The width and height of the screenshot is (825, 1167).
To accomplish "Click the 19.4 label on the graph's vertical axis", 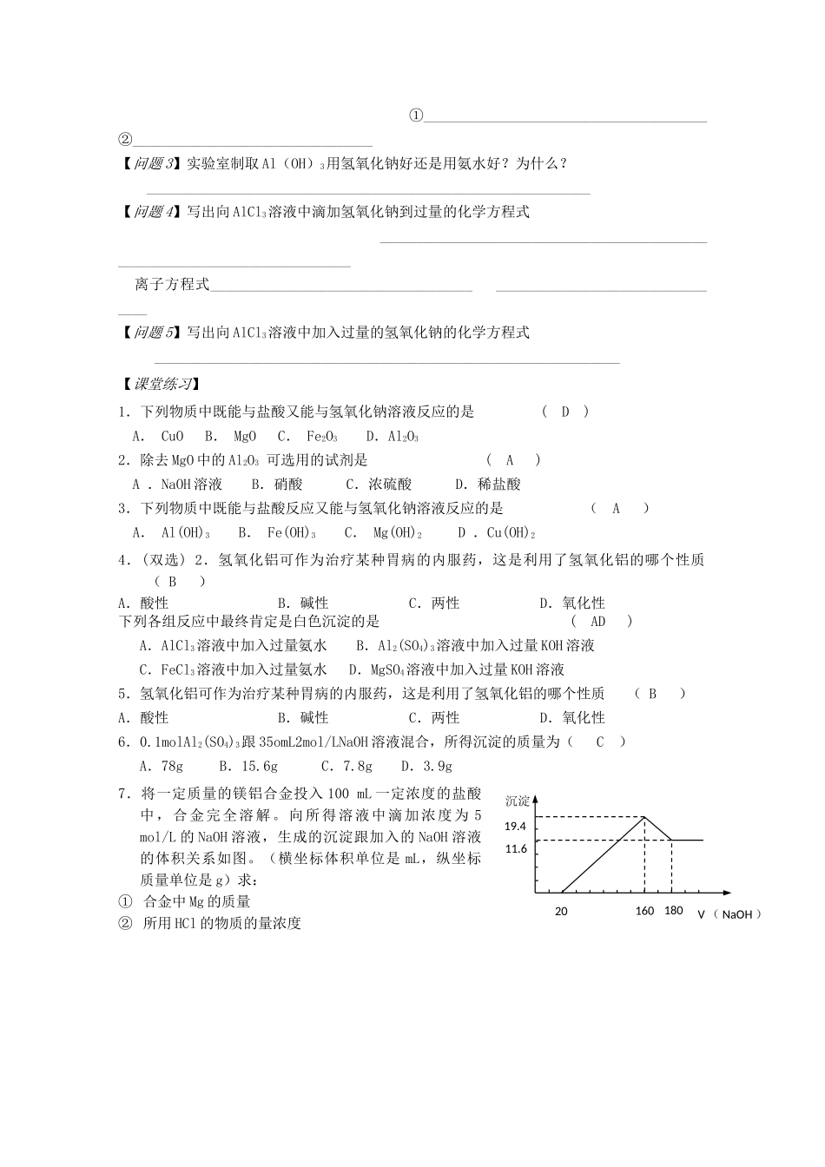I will [515, 827].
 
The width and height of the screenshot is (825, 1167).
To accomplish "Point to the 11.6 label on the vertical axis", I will [515, 849].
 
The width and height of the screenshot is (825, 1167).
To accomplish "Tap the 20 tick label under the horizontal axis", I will [561, 912].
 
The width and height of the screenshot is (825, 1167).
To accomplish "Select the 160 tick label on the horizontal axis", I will [644, 911].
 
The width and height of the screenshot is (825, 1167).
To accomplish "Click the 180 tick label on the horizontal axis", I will [674, 911].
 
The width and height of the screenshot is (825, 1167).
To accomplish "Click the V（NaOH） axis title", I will [729, 914].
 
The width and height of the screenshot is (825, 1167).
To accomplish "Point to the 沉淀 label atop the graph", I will [518, 801].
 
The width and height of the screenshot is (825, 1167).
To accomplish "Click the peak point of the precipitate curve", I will [644, 816].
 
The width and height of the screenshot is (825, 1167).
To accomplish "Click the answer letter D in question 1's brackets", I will [565, 412].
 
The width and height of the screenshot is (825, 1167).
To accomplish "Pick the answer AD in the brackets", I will [597, 621].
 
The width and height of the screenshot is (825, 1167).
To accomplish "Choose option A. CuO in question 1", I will [158, 437].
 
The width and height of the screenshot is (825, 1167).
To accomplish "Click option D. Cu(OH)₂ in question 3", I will [497, 533].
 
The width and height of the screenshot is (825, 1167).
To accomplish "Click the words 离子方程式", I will [172, 284].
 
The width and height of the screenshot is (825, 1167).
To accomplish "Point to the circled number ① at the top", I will [416, 115].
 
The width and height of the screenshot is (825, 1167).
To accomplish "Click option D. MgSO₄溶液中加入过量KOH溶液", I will [457, 669].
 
